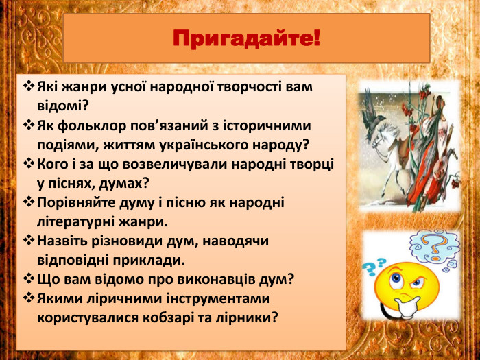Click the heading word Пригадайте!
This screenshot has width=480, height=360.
pos(246,38)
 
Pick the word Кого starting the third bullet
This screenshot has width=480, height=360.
pos(52,165)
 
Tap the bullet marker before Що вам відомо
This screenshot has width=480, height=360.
pos(28,279)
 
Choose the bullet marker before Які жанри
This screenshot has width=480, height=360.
pos(28,88)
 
